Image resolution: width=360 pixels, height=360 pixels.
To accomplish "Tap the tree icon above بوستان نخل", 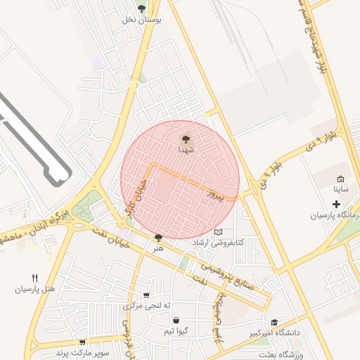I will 142,8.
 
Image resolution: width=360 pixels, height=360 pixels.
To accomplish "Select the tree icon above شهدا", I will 186,139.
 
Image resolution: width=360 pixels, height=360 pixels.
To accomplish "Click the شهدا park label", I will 186,150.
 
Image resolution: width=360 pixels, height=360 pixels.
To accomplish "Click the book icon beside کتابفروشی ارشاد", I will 218,232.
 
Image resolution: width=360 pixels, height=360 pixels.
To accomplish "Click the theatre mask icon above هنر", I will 157,238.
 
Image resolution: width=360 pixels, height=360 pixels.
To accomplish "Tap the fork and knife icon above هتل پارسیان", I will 34,278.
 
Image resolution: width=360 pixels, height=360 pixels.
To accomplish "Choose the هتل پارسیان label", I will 34,289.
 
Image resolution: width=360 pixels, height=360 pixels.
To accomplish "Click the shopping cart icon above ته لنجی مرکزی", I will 146,295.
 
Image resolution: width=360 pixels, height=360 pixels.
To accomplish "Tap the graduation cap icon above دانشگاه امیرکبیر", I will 274,321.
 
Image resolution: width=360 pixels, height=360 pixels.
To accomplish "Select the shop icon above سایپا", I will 340,179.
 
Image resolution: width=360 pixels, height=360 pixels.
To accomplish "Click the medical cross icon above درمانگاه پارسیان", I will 335,204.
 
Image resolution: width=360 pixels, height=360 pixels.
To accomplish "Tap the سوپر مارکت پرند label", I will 82,352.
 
